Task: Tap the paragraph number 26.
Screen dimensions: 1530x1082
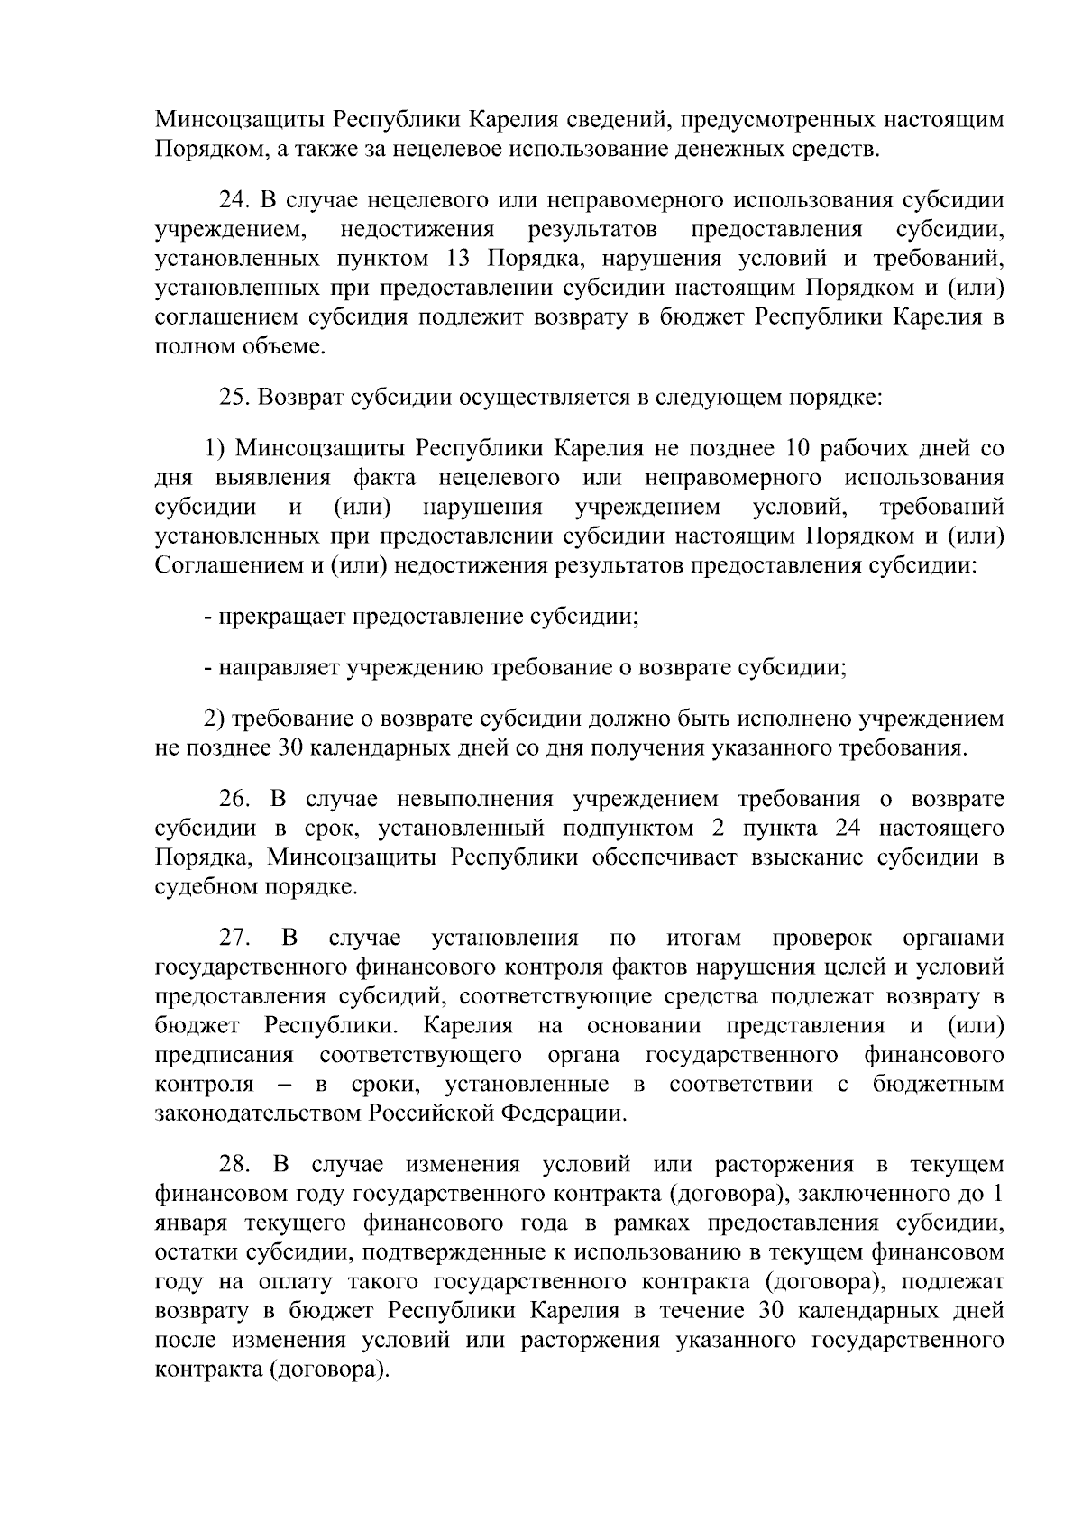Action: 234,799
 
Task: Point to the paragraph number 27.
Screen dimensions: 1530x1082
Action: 234,938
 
